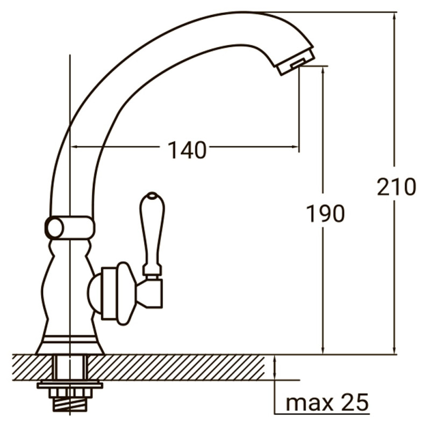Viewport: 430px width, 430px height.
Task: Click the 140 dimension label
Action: tap(187, 150)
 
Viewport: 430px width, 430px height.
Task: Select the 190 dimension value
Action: tap(325, 214)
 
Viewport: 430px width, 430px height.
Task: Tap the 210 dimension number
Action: tap(396, 187)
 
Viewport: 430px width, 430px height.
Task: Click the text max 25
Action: tap(327, 402)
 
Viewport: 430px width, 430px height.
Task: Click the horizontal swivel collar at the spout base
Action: tap(69, 227)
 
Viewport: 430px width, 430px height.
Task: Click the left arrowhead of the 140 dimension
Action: tap(74, 146)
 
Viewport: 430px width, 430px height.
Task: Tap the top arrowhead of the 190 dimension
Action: tap(323, 69)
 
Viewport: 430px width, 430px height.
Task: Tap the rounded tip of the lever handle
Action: tap(152, 195)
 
